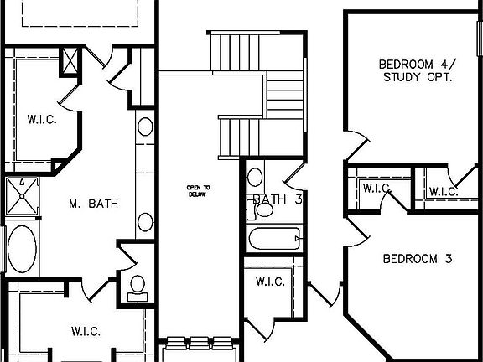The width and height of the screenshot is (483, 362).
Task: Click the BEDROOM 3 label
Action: pyautogui.click(x=417, y=258)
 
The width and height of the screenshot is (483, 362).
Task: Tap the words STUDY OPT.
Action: pyautogui.click(x=417, y=77)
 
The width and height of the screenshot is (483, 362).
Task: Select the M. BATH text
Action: pyautogui.click(x=93, y=203)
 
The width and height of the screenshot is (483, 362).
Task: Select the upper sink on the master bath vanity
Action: pyautogui.click(x=145, y=128)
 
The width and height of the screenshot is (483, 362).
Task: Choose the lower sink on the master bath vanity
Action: pyautogui.click(x=145, y=223)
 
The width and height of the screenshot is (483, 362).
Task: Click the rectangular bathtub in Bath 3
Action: pyautogui.click(x=273, y=239)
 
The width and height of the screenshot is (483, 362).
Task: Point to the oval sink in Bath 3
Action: pyautogui.click(x=256, y=177)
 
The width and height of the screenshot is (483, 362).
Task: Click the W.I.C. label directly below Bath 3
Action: pyautogui.click(x=270, y=281)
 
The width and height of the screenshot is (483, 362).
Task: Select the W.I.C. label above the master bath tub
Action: pyautogui.click(x=40, y=119)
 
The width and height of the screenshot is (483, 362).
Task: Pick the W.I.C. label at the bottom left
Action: pyautogui.click(x=86, y=331)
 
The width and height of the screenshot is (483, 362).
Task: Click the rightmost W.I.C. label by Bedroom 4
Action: pyautogui.click(x=442, y=191)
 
